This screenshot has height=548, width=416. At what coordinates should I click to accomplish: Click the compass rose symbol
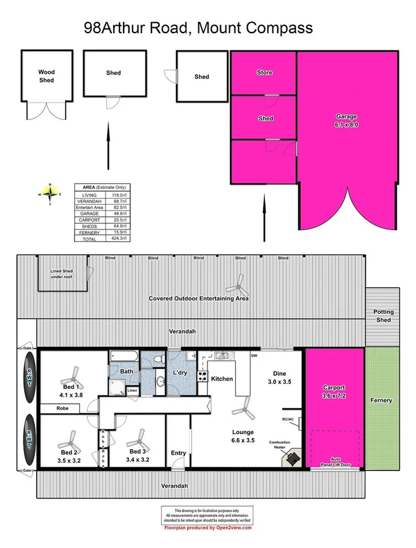pos(51,193)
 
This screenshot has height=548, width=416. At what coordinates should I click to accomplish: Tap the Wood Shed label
pos(46,76)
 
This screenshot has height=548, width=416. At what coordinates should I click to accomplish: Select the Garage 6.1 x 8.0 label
pos(347,120)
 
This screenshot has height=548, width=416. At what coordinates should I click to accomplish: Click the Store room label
pos(265,73)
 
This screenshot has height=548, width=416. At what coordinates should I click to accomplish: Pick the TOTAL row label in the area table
pos(89,239)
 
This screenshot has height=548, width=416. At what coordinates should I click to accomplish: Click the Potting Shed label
pos(383,316)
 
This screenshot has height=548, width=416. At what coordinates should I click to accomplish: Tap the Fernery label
pos(382,400)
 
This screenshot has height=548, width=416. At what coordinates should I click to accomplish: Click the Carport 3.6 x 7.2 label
pos(333,391)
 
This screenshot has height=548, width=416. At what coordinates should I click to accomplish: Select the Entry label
pos(178,453)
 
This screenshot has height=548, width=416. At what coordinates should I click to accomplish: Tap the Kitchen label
pos(221,379)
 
